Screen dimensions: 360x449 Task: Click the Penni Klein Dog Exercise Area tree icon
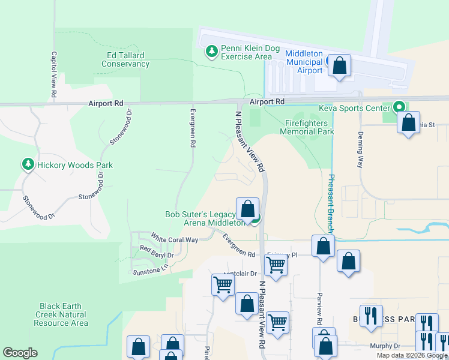pyautogui.click(x=211, y=52)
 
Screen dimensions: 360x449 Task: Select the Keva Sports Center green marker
pyautogui.click(x=399, y=108)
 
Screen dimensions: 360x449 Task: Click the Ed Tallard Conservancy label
pyautogui.click(x=125, y=59)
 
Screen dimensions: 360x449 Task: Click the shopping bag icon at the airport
pyautogui.click(x=339, y=66)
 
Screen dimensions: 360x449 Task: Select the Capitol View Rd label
pyautogui.click(x=53, y=74)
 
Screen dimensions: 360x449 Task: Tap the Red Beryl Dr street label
pyautogui.click(x=157, y=251)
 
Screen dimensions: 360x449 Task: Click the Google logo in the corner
pyautogui.click(x=20, y=352)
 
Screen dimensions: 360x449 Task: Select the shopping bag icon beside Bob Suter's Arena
pyautogui.click(x=247, y=209)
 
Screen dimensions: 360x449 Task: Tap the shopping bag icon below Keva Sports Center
pyautogui.click(x=409, y=124)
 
